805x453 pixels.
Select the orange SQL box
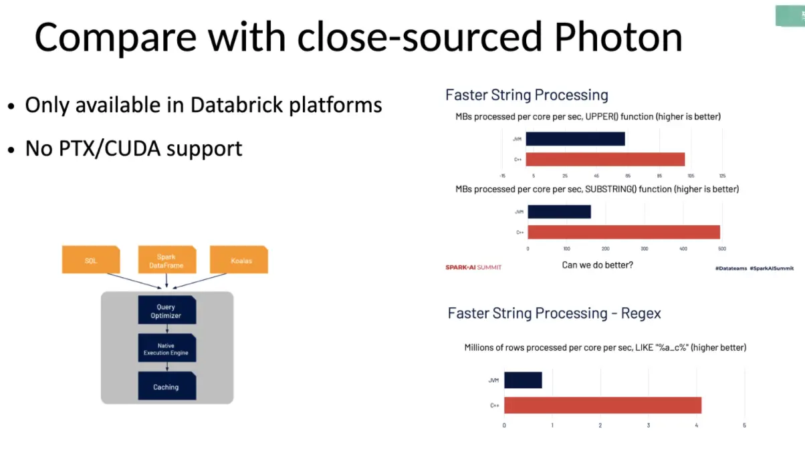point(91,260)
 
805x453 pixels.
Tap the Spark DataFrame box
point(166,261)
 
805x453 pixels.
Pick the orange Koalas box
point(239,260)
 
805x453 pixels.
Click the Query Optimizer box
point(166,311)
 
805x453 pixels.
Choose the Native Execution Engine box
point(166,349)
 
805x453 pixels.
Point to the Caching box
point(166,387)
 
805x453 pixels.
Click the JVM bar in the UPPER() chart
point(575,139)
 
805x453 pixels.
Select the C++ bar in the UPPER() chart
point(605,160)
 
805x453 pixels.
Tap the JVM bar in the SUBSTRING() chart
point(559,212)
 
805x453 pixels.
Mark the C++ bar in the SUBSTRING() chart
point(624,232)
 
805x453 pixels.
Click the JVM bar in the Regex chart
point(523,380)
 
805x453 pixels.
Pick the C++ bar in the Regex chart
point(602,405)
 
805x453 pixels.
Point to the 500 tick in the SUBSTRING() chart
point(721,249)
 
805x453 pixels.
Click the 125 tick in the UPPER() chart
point(722,176)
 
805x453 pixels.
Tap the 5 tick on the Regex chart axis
point(744,426)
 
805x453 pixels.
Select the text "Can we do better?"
point(597,265)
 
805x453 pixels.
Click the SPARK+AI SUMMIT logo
point(473,267)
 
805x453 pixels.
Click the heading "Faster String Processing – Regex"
point(554,313)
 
